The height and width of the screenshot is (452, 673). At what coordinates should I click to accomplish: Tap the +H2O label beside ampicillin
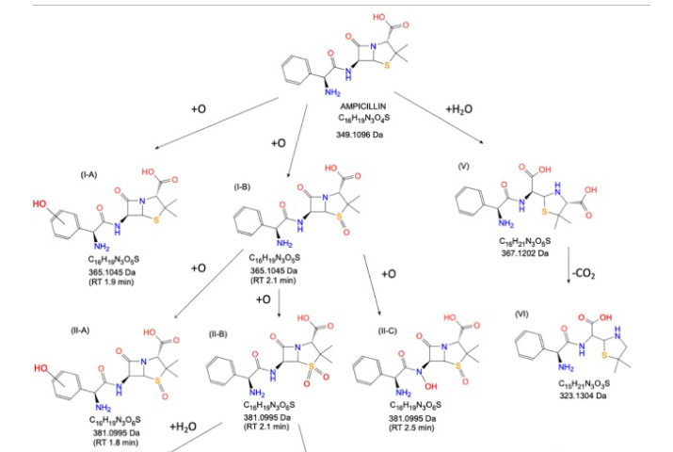click(459, 109)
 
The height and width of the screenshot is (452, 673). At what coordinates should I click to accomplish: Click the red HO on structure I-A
click(40, 203)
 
